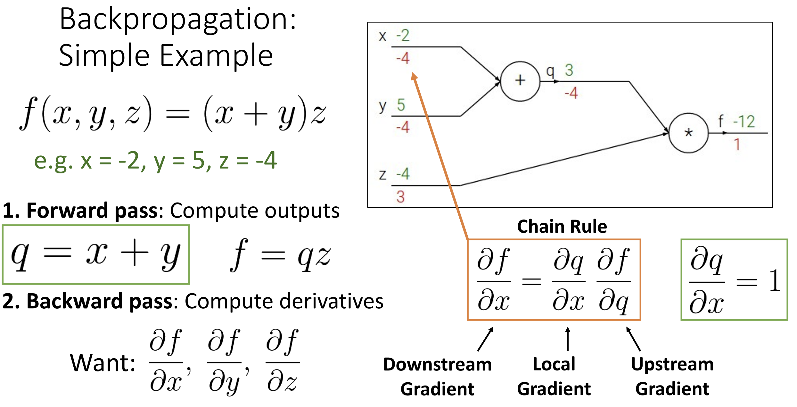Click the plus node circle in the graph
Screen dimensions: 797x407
click(x=520, y=62)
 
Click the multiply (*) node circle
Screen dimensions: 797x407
click(x=688, y=114)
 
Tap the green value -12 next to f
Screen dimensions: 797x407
click(x=744, y=121)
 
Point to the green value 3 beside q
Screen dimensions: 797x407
click(x=569, y=70)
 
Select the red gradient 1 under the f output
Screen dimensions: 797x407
click(x=737, y=144)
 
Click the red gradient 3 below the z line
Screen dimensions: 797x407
click(x=400, y=196)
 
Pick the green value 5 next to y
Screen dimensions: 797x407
click(x=401, y=105)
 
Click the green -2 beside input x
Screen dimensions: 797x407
click(x=403, y=35)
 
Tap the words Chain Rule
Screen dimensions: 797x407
click(x=562, y=227)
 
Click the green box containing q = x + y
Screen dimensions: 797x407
click(x=96, y=226)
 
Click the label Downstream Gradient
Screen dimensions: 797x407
click(x=437, y=377)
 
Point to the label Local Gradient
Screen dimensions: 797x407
click(x=554, y=377)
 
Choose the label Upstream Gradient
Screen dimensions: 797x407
click(x=672, y=377)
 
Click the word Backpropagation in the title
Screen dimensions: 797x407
click(x=178, y=20)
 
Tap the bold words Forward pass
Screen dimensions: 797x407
click(x=92, y=211)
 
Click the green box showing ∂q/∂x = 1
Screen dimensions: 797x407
click(x=734, y=240)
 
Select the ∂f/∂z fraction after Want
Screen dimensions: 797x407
click(x=283, y=361)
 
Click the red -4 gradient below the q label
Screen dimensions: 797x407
click(x=571, y=93)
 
